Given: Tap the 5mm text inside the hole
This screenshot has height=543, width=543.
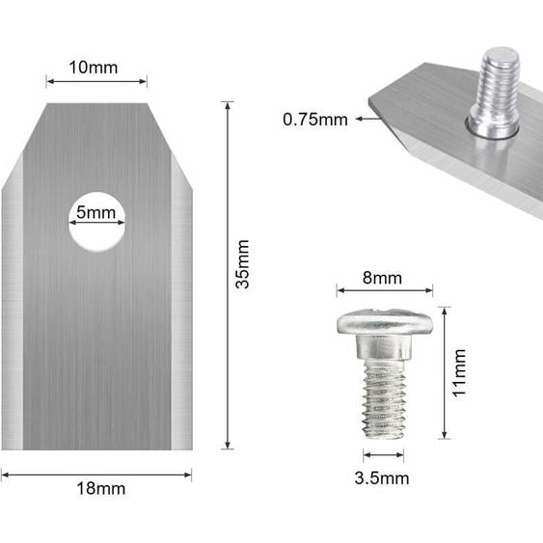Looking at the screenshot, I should coord(96,212).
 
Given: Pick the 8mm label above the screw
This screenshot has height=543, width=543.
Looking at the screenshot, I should coord(383,277).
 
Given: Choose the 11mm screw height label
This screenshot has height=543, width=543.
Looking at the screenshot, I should coord(460,373).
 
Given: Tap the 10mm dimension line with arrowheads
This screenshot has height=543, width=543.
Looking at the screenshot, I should coord(96,82).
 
